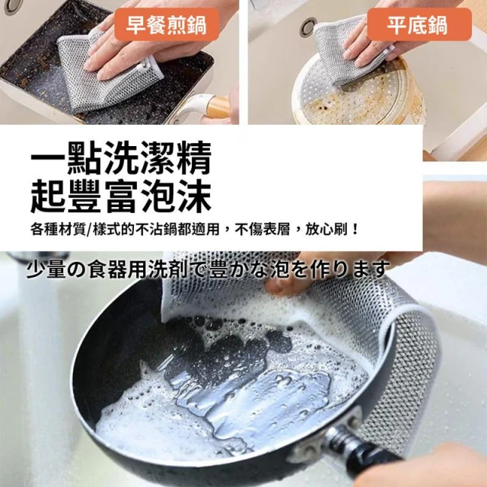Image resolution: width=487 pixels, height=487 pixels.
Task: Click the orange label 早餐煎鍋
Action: [167, 24]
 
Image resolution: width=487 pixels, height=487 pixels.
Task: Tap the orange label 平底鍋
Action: [419, 24]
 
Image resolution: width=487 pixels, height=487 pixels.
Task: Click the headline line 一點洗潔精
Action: [121, 158]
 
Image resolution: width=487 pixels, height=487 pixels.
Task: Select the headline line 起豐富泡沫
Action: [121, 196]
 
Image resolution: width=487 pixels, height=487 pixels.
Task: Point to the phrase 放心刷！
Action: [332, 230]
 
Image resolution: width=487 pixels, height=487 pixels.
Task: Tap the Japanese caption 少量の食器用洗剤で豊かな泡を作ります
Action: [208, 269]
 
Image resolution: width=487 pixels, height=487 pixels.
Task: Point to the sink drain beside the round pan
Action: [308, 27]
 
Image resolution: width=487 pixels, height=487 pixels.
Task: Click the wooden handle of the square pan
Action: [218, 107]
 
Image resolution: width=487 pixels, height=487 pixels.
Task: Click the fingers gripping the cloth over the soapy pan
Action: [286, 282]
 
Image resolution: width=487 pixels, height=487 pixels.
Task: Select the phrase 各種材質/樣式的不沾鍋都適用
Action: [125, 230]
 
